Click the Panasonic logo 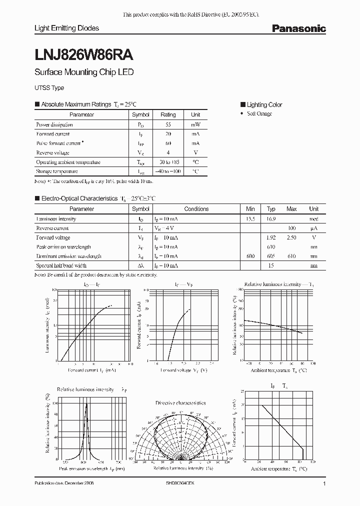tap(298, 29)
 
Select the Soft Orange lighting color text tap(259, 114)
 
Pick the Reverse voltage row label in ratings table tap(52, 153)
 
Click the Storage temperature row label tap(56, 171)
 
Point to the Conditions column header tap(196, 209)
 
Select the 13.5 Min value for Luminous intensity tap(250, 219)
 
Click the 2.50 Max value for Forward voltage tap(292, 238)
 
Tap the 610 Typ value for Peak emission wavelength tap(271, 247)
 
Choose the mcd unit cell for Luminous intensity tap(313, 219)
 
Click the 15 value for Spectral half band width tap(271, 265)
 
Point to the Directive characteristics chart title tap(180, 402)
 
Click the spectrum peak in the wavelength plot tap(86, 404)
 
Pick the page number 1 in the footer tap(324, 484)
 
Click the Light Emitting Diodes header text tap(66, 28)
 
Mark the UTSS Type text tap(49, 88)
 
